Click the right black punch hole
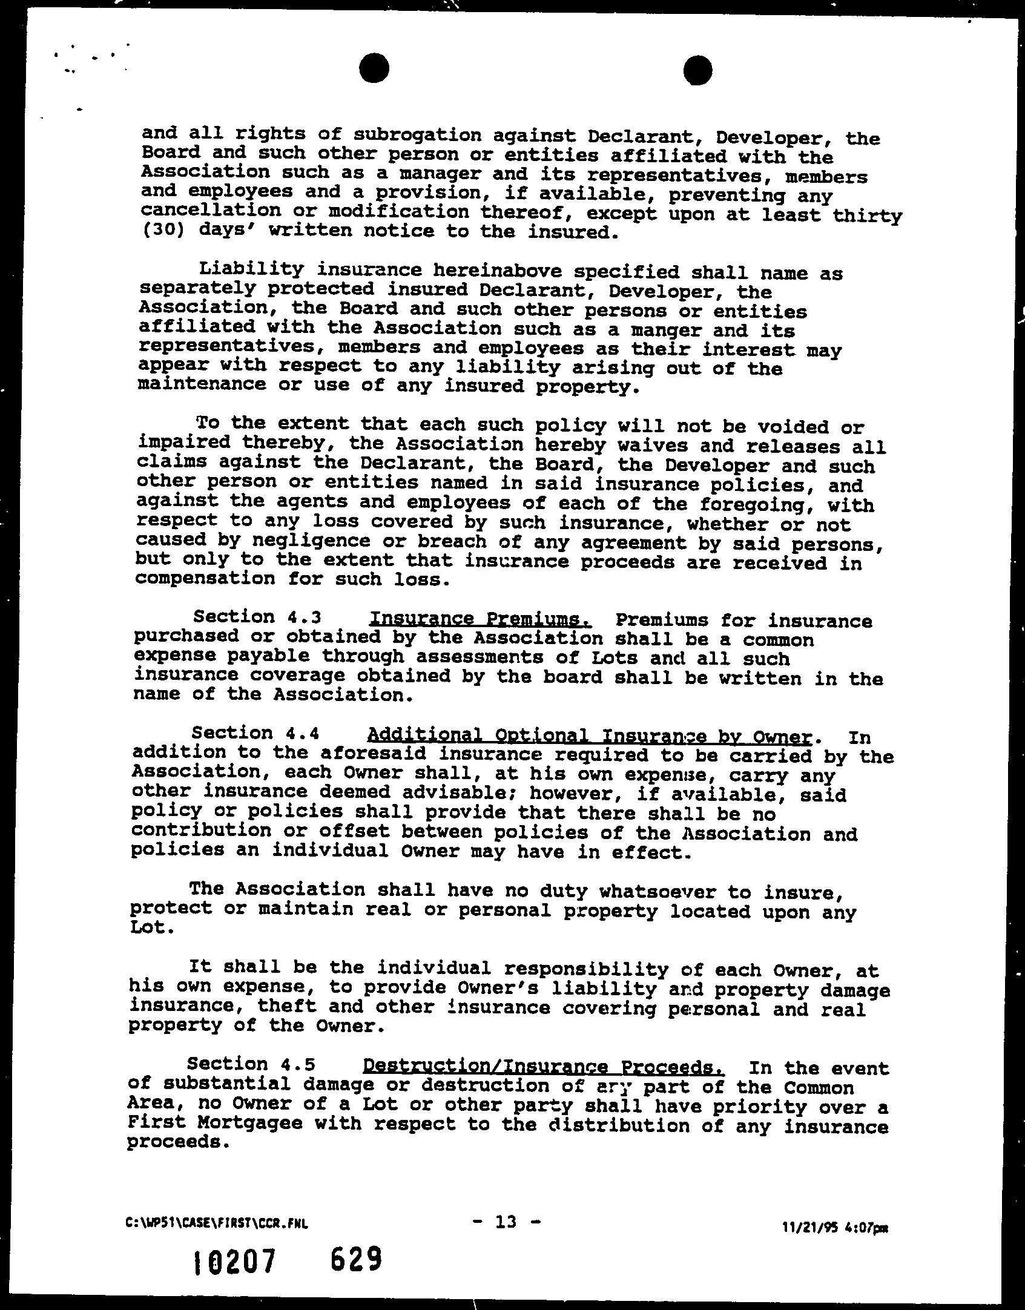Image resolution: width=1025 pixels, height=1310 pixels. point(697,70)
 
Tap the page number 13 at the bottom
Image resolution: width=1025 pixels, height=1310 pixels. point(506,1205)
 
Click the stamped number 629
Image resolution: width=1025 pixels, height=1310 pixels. point(357,1260)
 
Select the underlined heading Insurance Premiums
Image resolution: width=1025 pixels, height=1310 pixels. point(480,619)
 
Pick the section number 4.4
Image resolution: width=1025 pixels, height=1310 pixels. point(300,733)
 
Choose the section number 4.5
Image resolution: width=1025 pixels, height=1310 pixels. point(295,1064)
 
